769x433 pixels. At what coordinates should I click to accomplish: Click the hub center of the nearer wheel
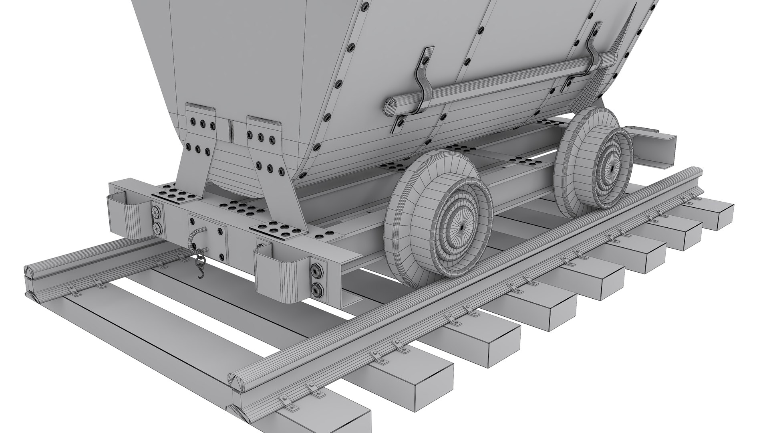click(461, 227)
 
